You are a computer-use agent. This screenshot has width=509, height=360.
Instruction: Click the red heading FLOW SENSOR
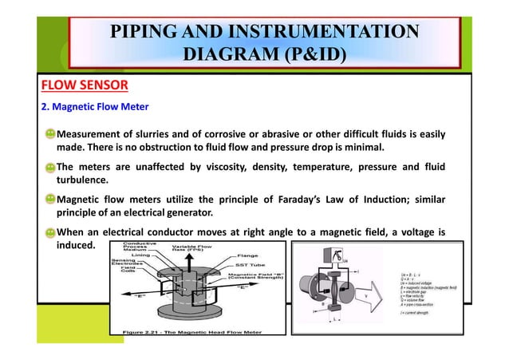pyautogui.click(x=78, y=85)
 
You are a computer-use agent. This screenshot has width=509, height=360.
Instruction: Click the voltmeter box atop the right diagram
pyautogui.click(x=337, y=255)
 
